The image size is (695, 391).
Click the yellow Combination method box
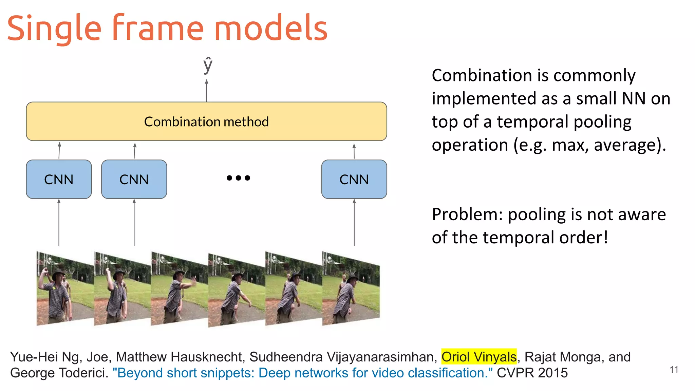tap(206, 122)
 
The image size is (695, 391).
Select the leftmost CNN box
tap(59, 179)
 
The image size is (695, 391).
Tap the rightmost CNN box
tap(354, 179)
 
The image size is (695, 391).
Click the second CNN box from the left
tap(134, 179)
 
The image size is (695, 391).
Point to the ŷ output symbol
tap(207, 65)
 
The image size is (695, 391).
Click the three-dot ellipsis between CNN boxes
tap(238, 178)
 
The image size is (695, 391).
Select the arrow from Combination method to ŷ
tap(206, 91)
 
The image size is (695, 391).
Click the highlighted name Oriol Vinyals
tap(479, 357)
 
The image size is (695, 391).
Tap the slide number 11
tap(674, 370)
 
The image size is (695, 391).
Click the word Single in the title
tap(54, 29)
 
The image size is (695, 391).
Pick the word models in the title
tap(270, 29)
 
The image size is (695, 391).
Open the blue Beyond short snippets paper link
tap(302, 373)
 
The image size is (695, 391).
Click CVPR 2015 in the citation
tap(532, 373)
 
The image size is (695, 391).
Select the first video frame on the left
tap(64, 288)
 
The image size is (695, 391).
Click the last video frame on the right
tap(351, 288)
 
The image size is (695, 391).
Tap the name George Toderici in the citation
tap(59, 373)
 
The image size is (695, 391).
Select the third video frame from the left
tap(179, 288)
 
